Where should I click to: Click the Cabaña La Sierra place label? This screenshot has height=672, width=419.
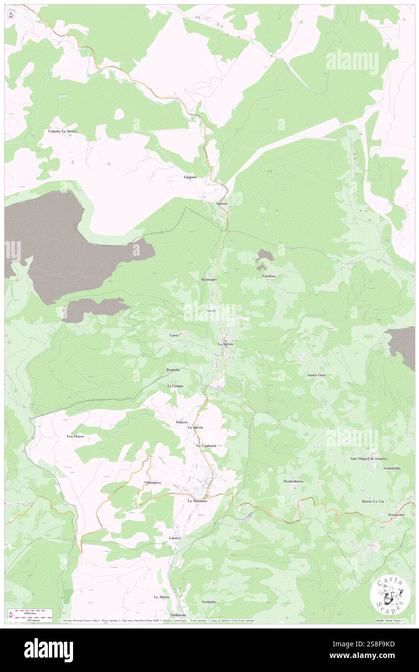pyautogui.click(x=62, y=131)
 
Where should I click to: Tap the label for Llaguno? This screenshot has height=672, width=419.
pyautogui.click(x=190, y=177)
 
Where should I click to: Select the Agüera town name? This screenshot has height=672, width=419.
pyautogui.click(x=222, y=204)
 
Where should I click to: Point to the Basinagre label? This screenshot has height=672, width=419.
pyautogui.click(x=209, y=280)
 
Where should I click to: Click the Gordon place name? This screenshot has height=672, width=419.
pyautogui.click(x=269, y=276)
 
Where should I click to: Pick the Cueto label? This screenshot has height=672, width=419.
pyautogui.click(x=175, y=335)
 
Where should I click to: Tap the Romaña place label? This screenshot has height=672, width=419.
pyautogui.click(x=173, y=370)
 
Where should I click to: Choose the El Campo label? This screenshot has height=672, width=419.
pyautogui.click(x=175, y=386)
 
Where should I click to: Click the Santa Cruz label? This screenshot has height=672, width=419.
pyautogui.click(x=316, y=375)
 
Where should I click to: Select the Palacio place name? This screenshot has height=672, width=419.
pyautogui.click(x=182, y=422)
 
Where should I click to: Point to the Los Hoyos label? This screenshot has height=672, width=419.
pyautogui.click(x=75, y=436)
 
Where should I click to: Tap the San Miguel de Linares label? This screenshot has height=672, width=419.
pyautogui.click(x=369, y=458)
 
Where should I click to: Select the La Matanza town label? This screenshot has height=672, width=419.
pyautogui.click(x=197, y=501)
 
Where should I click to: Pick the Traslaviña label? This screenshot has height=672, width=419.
pyautogui.click(x=396, y=515)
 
